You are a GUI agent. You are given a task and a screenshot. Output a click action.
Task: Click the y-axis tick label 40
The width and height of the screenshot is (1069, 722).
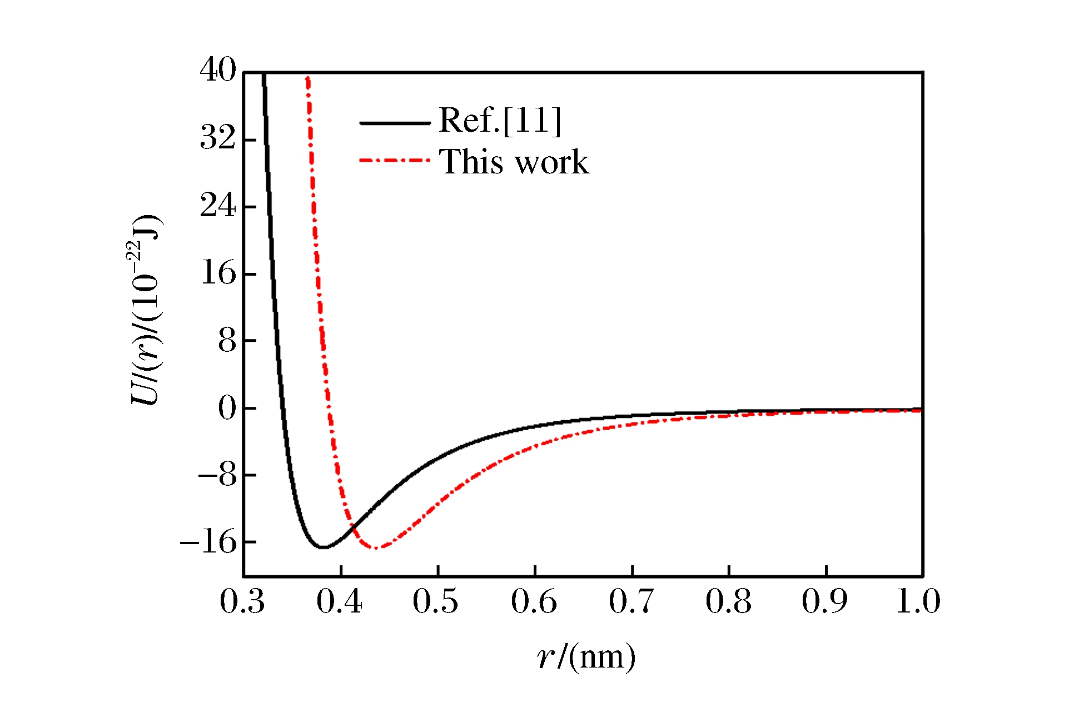[218, 71]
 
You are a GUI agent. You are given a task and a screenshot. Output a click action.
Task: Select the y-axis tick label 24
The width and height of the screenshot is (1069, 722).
[218, 206]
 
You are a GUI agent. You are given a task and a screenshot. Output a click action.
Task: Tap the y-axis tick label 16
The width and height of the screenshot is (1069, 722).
[218, 273]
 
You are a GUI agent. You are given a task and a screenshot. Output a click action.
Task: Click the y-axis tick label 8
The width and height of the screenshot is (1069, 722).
[227, 340]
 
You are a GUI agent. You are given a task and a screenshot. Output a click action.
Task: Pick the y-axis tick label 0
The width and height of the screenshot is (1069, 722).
[227, 408]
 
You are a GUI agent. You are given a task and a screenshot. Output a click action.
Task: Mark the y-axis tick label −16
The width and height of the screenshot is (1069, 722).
[208, 542]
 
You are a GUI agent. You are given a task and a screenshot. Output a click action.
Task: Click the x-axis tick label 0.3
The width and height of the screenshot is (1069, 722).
[242, 601]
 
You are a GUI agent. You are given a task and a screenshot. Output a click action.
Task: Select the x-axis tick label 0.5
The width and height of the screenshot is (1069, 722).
[435, 601]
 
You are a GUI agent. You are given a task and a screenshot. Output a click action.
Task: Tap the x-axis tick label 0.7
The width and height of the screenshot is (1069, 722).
[631, 601]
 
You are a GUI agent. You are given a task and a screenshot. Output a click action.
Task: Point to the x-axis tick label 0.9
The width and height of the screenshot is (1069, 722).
[824, 601]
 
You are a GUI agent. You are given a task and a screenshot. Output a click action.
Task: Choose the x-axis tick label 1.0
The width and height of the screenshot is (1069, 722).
[918, 601]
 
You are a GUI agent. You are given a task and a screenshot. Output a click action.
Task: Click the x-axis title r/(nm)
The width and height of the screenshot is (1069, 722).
[586, 657]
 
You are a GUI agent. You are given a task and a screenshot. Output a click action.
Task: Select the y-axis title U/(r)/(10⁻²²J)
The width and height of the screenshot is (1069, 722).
[146, 310]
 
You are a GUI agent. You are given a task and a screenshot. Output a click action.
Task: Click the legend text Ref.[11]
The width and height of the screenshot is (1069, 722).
[500, 120]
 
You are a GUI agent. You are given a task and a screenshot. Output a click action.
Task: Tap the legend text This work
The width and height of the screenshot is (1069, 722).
[514, 162]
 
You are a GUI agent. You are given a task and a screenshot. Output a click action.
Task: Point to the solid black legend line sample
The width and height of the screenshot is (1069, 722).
[395, 123]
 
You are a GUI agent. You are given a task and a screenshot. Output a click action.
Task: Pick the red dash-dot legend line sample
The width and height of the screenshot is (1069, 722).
[395, 161]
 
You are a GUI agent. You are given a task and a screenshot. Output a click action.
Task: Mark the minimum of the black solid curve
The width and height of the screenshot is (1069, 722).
[322, 547]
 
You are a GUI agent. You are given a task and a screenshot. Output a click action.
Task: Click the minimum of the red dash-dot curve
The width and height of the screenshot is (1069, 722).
[376, 548]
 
